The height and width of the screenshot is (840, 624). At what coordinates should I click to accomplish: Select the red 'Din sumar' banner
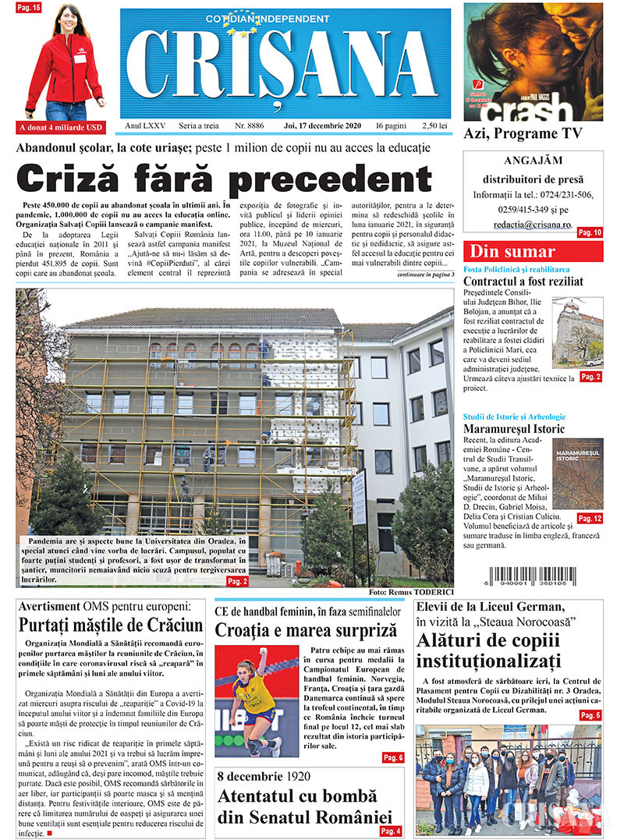tap(533, 252)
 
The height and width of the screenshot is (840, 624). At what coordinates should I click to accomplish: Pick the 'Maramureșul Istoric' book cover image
tap(577, 473)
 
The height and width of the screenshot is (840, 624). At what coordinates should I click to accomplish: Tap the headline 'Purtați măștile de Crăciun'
tap(111, 626)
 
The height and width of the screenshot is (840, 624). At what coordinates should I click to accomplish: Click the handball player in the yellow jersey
tap(254, 698)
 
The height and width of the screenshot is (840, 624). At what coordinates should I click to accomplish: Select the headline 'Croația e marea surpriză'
tap(307, 629)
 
